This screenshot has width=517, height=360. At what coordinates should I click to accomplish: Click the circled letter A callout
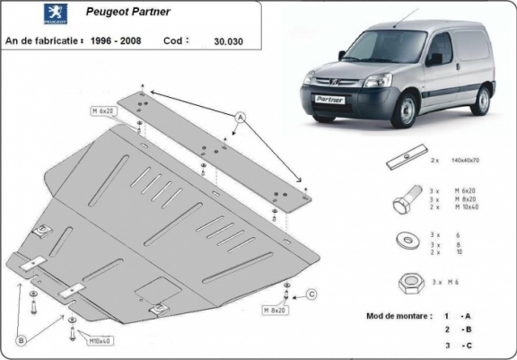coord(241,118)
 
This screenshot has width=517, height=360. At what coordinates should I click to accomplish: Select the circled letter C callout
coord(311,294)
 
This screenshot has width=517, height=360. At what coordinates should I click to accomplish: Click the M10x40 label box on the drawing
coord(100,341)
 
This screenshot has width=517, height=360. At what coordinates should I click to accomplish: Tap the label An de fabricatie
coord(44,40)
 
